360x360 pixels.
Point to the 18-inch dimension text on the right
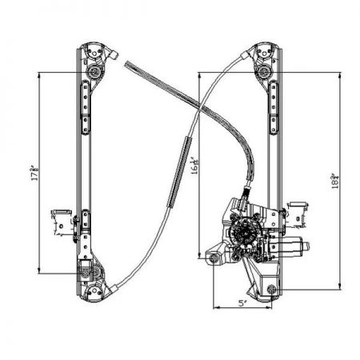[x=342, y=179]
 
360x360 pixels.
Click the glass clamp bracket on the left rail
[x=60, y=219]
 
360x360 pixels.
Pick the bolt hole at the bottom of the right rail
[x=274, y=289]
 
